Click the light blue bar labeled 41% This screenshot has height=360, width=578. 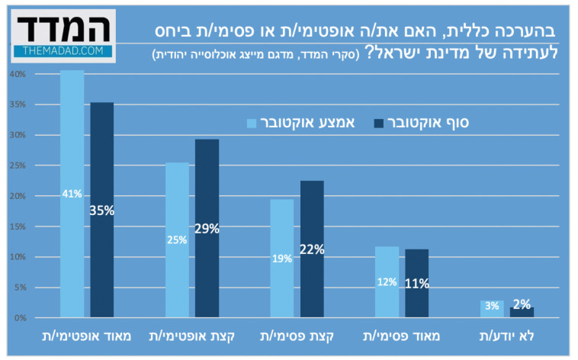pyautogui.click(x=72, y=194)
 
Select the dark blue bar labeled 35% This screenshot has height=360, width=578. pyautogui.click(x=101, y=210)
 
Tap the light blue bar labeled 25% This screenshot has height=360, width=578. pyautogui.click(x=177, y=239)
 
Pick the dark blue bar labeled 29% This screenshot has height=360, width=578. pyautogui.click(x=207, y=228)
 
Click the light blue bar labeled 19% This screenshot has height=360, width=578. pyautogui.click(x=281, y=258)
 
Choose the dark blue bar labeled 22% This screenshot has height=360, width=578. pyautogui.click(x=311, y=249)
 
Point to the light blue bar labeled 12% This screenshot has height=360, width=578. pyautogui.click(x=387, y=281)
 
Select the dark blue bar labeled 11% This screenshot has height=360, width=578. pyautogui.click(x=416, y=283)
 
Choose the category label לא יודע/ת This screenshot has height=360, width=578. pyautogui.click(x=506, y=336)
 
